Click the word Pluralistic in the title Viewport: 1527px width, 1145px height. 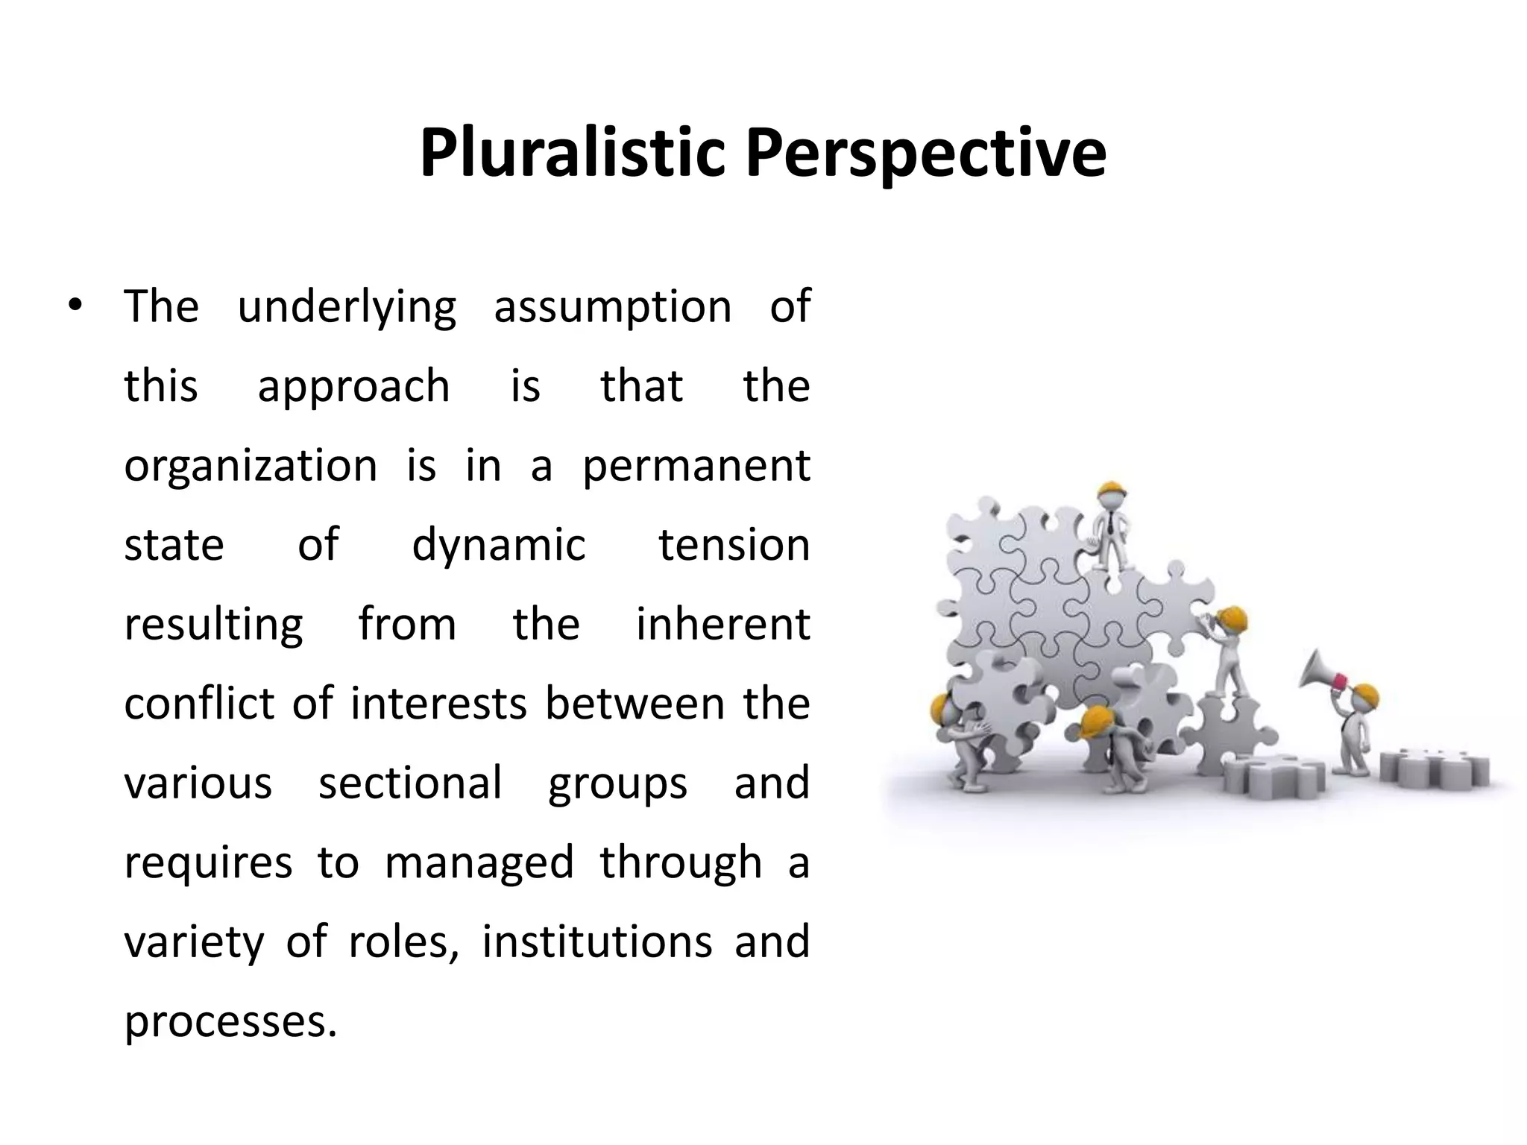point(572,154)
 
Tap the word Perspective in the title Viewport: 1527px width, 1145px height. point(926,154)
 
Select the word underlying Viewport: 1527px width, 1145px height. point(347,307)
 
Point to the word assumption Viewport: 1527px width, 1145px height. point(613,307)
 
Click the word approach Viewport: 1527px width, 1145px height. point(353,387)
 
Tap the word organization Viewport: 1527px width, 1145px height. point(251,466)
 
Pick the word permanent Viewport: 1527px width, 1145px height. point(696,467)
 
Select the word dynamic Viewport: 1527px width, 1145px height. point(499,546)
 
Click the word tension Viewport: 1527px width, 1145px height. point(734,545)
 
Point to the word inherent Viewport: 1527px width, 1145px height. point(722,624)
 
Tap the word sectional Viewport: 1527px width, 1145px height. point(410,783)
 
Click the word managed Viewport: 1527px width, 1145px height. point(479,864)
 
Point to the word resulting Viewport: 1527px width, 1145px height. point(214,625)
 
